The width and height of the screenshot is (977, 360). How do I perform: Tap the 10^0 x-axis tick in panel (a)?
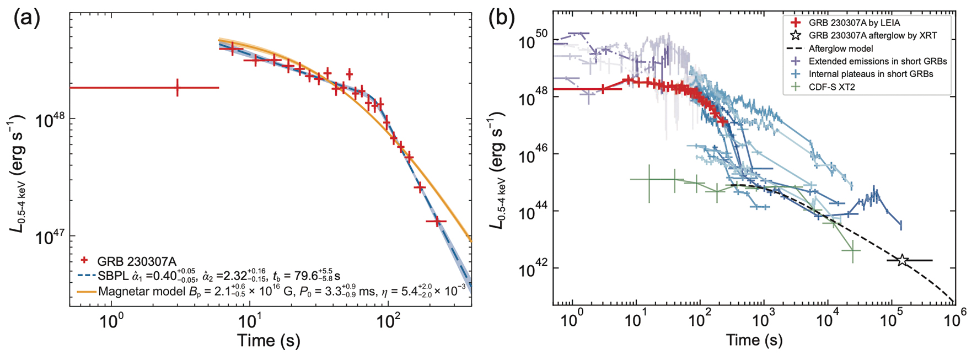pyautogui.click(x=112, y=320)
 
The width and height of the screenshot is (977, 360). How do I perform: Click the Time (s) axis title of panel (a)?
pyautogui.click(x=269, y=340)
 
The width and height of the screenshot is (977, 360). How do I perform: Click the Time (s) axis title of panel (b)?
pyautogui.click(x=754, y=340)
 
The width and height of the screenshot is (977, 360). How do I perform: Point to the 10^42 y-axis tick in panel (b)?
pyautogui.click(x=534, y=269)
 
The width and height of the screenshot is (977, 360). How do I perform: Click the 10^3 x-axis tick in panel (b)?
pyautogui.click(x=764, y=319)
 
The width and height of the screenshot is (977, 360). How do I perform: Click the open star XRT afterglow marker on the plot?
pyautogui.click(x=902, y=260)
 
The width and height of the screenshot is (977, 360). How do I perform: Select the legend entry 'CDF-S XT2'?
pyautogui.click(x=831, y=87)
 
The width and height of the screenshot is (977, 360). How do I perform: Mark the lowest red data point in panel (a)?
pyautogui.click(x=436, y=221)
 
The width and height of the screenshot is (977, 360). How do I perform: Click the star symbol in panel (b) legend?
pyautogui.click(x=796, y=35)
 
